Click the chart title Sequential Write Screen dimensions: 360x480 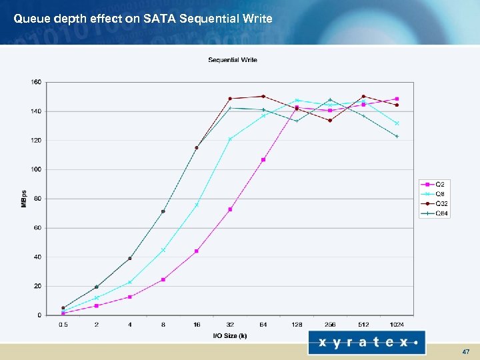[x=233, y=60]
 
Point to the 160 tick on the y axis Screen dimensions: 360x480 [x=35, y=82]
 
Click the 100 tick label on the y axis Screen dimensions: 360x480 [x=35, y=169]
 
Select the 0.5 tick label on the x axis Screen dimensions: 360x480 [x=63, y=325]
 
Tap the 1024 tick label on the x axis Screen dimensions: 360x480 [x=397, y=325]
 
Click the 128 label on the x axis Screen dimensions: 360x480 [x=297, y=325]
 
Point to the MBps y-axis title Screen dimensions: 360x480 [x=23, y=199]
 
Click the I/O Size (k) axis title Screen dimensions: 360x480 [x=230, y=335]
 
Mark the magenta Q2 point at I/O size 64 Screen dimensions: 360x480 [x=263, y=160]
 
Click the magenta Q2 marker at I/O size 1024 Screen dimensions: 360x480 [x=397, y=99]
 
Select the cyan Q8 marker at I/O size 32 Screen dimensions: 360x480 [x=230, y=139]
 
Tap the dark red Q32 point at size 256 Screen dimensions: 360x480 [x=330, y=121]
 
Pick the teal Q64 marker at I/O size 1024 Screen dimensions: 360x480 [x=397, y=136]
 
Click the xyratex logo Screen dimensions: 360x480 [x=366, y=343]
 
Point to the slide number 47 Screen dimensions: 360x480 [x=465, y=351]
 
